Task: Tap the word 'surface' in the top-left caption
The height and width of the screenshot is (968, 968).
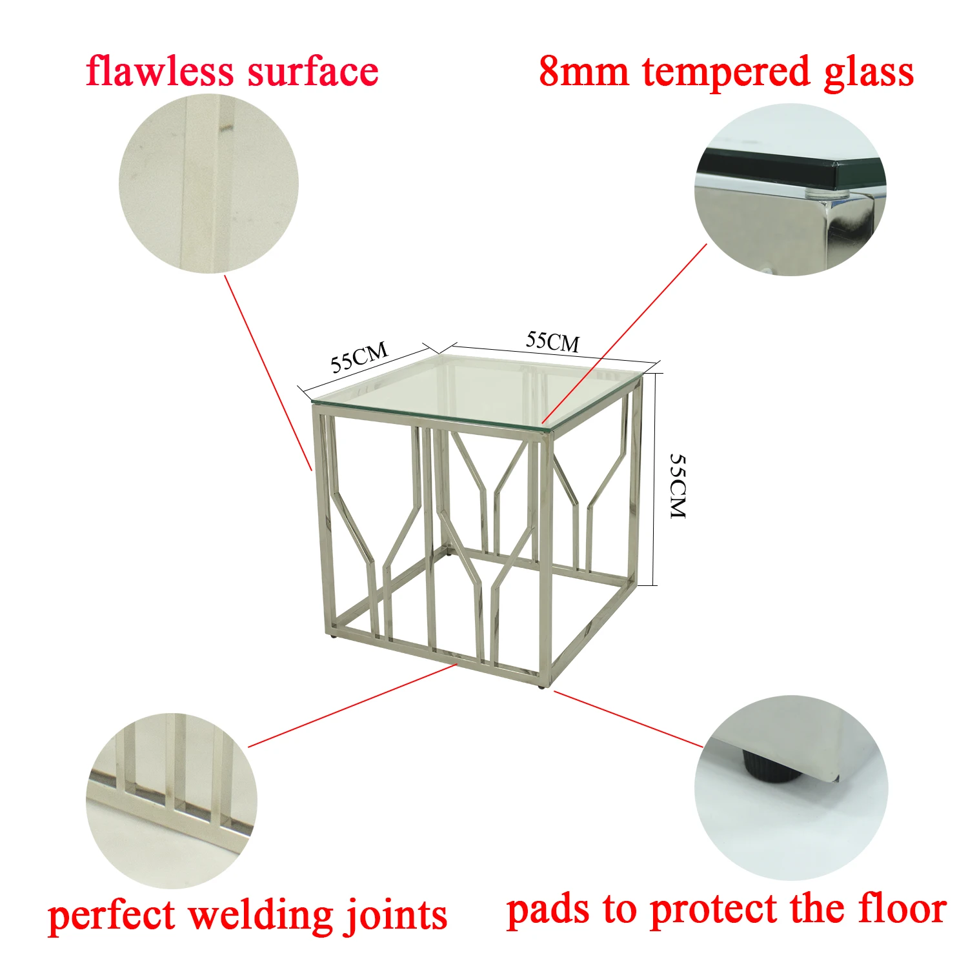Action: coord(313,72)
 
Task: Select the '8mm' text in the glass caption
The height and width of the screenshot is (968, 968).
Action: coord(583,72)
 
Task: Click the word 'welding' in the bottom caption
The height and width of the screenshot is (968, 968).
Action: coord(261,916)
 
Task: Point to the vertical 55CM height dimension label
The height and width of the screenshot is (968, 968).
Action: coord(678,485)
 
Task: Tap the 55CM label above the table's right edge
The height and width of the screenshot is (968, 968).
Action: coord(552,341)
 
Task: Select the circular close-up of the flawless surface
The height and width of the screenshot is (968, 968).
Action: coord(208,184)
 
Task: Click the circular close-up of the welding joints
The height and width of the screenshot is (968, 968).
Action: coord(171,800)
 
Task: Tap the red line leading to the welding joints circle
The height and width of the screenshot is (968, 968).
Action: coord(352,705)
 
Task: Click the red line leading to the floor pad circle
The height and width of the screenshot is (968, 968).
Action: coord(629,720)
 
